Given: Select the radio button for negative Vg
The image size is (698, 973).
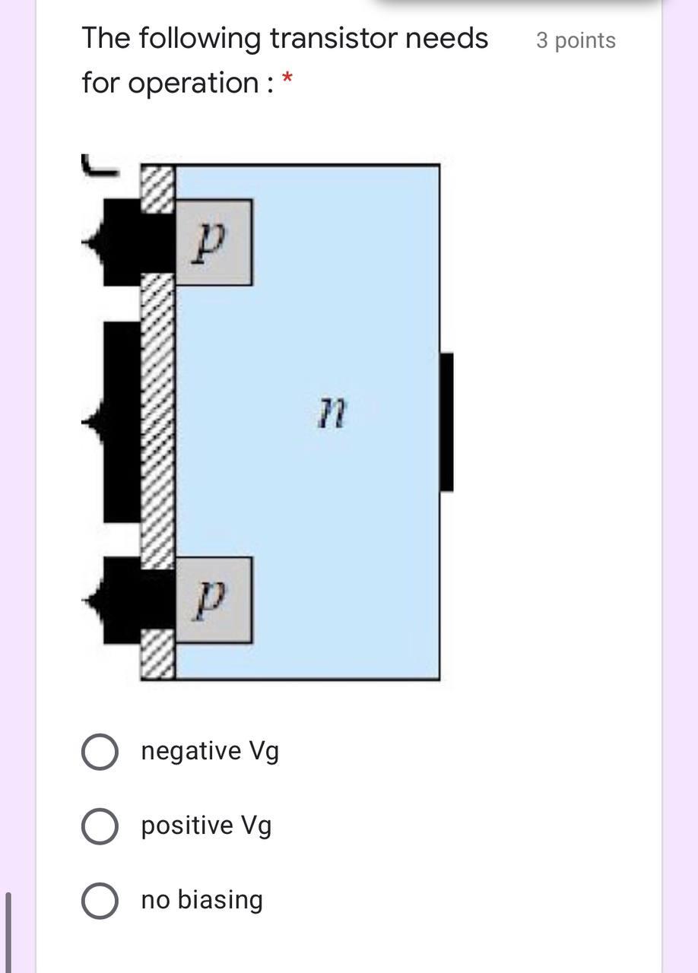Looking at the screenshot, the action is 100,752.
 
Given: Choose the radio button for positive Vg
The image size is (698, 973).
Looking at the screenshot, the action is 100,826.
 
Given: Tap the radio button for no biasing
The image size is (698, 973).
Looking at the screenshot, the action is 100,901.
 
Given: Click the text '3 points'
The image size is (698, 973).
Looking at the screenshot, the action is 576,40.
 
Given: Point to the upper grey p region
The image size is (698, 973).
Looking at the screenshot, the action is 214,242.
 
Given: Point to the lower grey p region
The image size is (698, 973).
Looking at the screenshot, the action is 214,600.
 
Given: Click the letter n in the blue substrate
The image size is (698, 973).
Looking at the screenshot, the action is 332,414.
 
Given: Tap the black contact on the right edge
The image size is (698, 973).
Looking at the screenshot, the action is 447,422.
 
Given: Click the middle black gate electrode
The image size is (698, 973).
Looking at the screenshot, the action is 122,422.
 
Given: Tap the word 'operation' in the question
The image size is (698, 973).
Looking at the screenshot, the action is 193,84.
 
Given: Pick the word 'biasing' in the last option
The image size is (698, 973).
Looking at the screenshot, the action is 220,900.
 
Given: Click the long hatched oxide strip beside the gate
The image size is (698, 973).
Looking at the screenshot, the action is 158,422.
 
